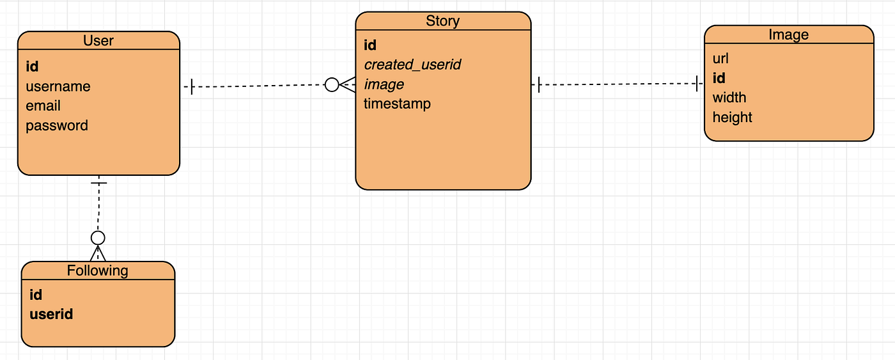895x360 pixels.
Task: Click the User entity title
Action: coord(98,41)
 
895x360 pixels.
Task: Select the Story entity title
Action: coord(442,21)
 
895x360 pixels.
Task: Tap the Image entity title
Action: coord(788,35)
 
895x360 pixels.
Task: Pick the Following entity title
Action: coord(98,270)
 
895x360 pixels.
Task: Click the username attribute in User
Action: coord(58,86)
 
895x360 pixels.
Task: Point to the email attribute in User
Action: coord(43,106)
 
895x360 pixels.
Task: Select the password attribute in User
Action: coord(57,126)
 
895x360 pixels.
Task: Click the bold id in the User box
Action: coord(33,67)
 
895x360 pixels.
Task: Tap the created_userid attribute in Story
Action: coord(412,65)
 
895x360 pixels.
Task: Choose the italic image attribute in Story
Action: coord(384,84)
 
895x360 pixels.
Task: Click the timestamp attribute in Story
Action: coord(397,104)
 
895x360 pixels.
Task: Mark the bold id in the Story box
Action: coord(370,45)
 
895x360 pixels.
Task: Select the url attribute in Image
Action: coord(720,59)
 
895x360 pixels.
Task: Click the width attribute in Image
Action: coord(729,98)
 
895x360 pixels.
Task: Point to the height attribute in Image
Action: coord(732,118)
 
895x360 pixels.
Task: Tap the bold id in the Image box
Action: coord(719,78)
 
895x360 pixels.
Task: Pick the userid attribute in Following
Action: coord(51,314)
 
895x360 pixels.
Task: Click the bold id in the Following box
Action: coord(36,295)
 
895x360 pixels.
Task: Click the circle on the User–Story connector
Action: coord(332,84)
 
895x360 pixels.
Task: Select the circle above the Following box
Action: coord(98,238)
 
